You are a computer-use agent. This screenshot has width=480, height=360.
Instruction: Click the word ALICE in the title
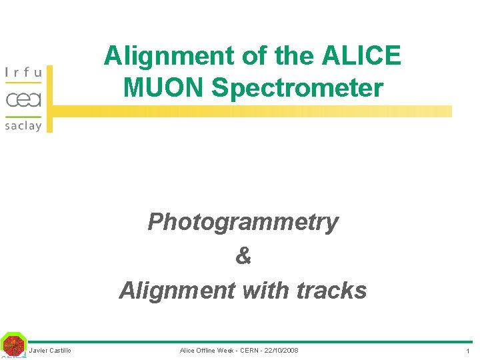361,56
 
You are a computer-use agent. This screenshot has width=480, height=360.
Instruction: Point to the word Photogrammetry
243,222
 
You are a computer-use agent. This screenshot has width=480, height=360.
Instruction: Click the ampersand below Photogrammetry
243,256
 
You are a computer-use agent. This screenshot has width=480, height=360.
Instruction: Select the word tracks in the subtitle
331,291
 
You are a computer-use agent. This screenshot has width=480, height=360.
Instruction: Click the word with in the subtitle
265,291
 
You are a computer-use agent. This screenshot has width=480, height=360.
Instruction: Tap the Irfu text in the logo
23,72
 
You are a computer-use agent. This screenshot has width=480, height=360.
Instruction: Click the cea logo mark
23,99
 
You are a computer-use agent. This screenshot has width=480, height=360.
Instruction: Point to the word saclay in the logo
23,125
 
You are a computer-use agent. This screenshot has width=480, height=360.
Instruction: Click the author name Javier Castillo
50,351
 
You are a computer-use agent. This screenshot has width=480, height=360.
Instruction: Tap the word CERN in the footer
248,351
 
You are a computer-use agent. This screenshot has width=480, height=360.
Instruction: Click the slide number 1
468,351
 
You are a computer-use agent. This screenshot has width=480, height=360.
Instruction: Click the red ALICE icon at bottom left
13,345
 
